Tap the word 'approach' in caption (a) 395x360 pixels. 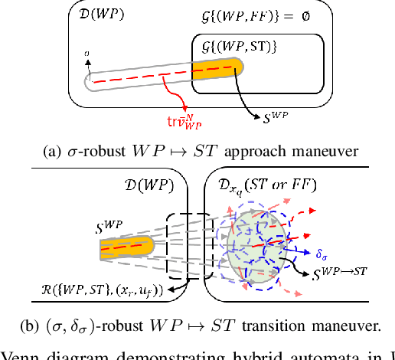tap(234, 149)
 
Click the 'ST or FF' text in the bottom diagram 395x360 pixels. tap(288, 185)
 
